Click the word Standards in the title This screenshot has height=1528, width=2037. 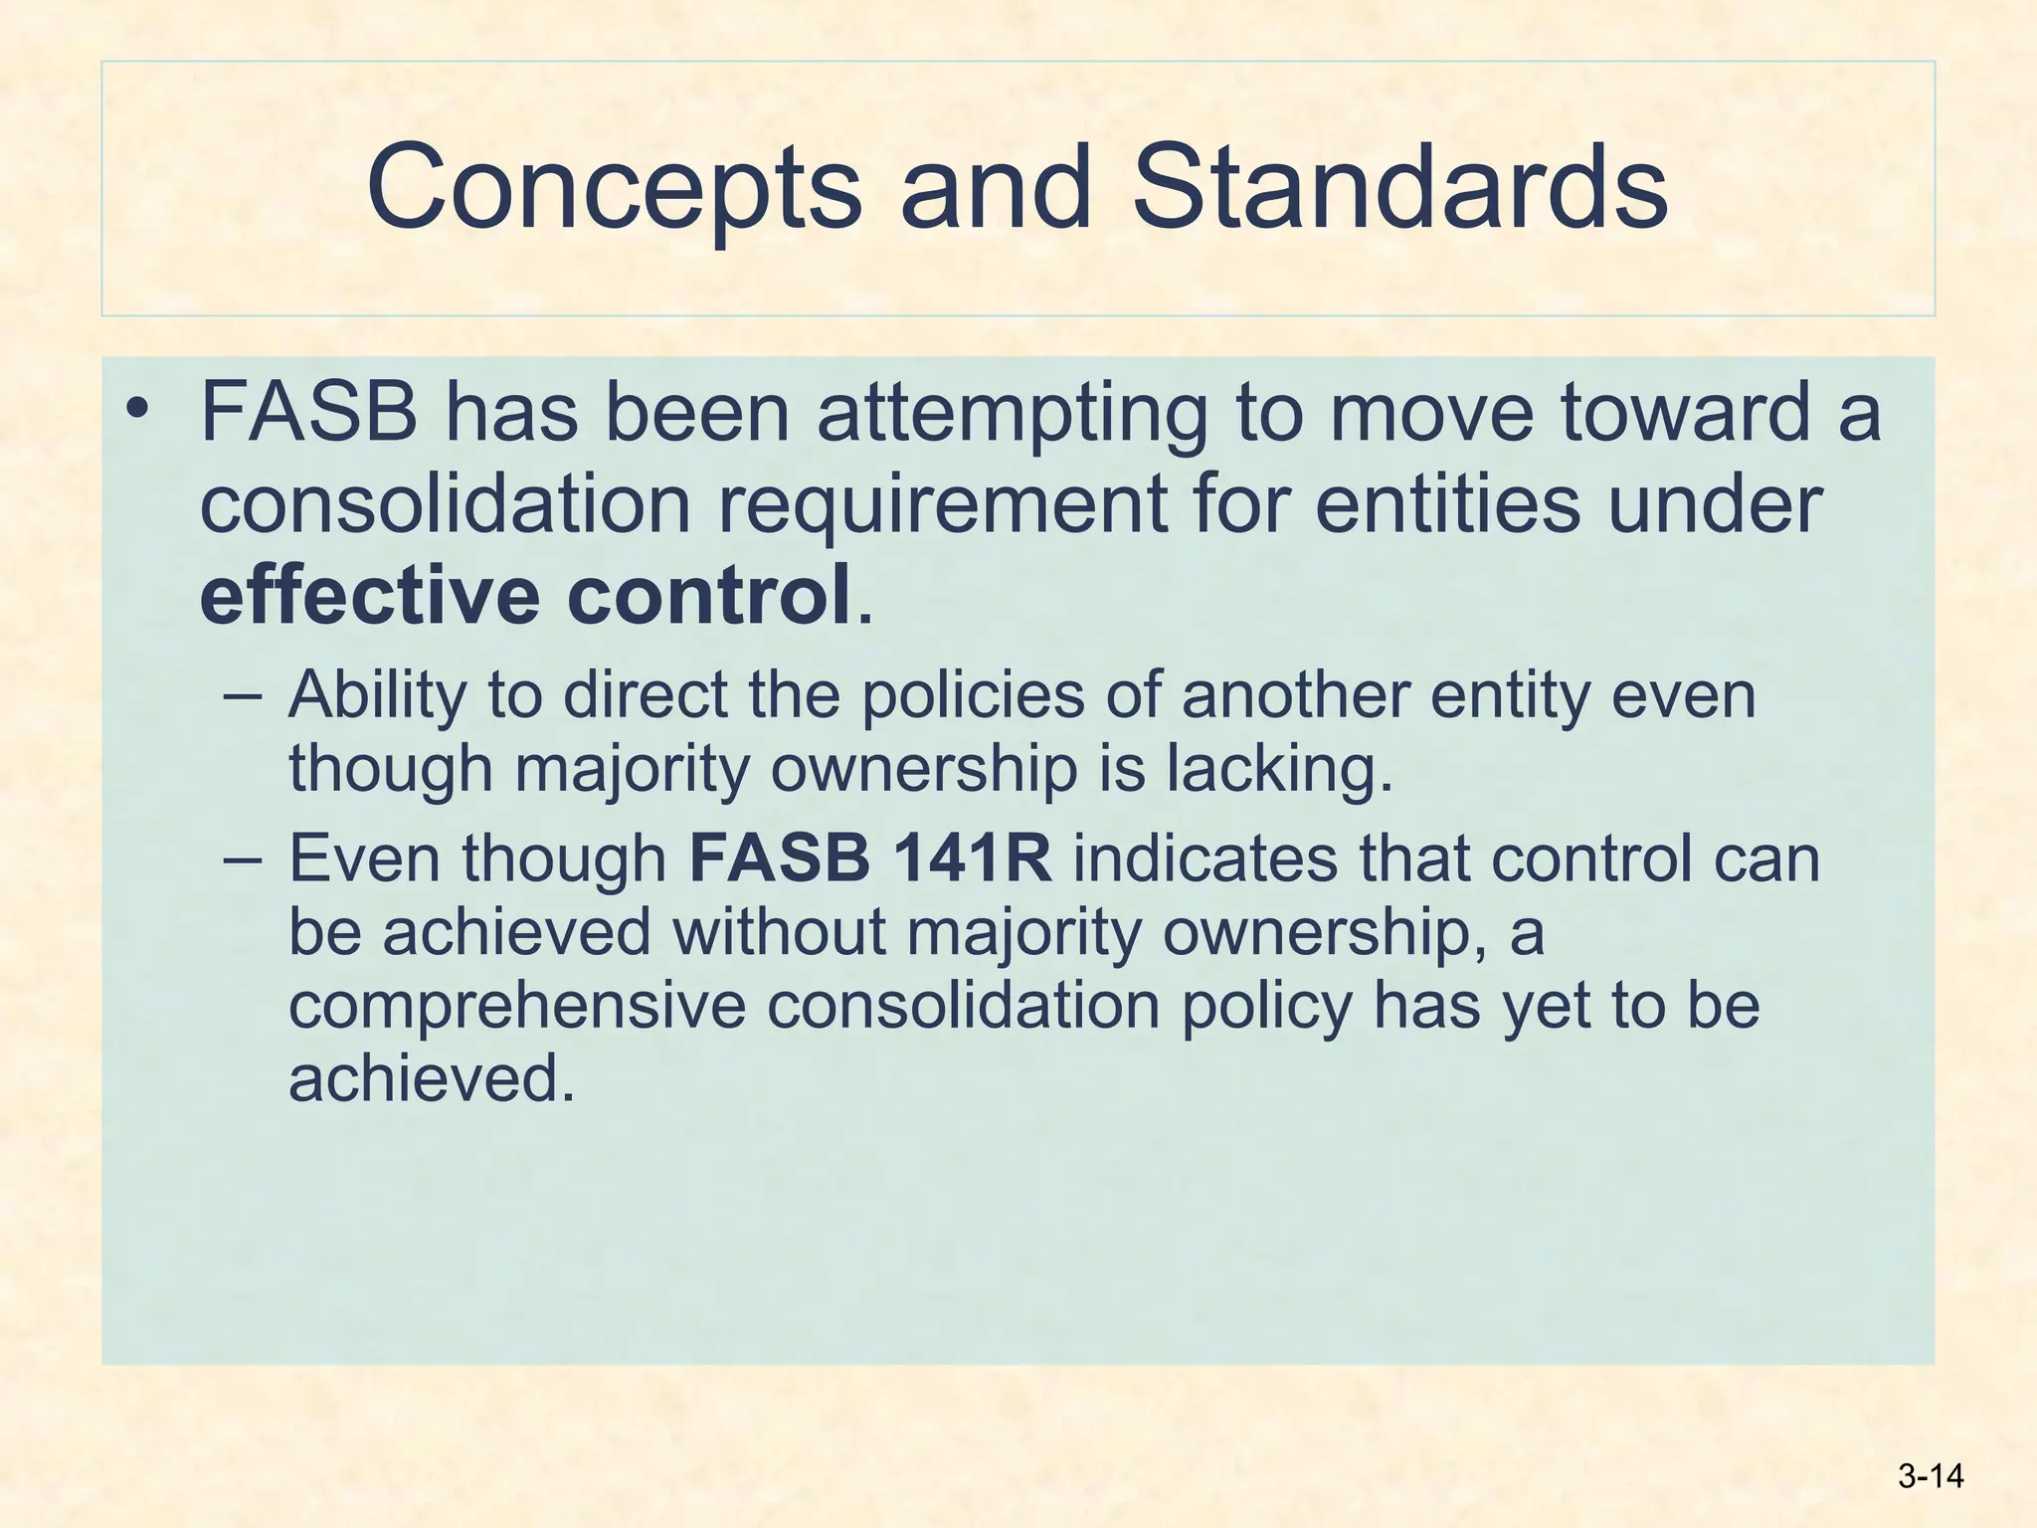pos(1399,187)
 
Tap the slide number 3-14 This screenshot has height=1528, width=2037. pos(1931,1476)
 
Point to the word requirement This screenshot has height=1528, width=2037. pos(942,504)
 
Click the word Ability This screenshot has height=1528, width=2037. pos(377,696)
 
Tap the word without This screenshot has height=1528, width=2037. pos(779,932)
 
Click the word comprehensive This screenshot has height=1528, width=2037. pos(517,1006)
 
